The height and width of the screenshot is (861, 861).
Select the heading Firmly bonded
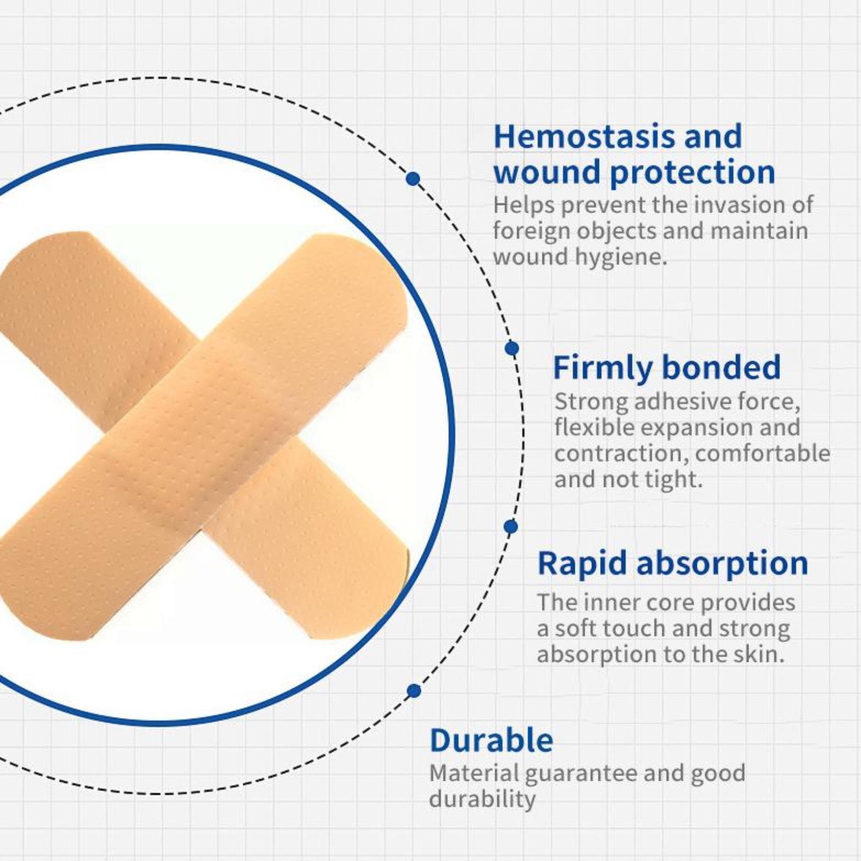667,368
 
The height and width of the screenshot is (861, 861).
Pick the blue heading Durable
491,740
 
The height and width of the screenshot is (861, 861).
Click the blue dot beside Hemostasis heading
413,179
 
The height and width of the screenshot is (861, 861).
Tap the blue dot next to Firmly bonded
512,348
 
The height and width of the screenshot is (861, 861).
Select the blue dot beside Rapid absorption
511,526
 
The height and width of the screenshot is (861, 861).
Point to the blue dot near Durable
414,690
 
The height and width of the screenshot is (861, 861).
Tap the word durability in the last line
482,799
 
